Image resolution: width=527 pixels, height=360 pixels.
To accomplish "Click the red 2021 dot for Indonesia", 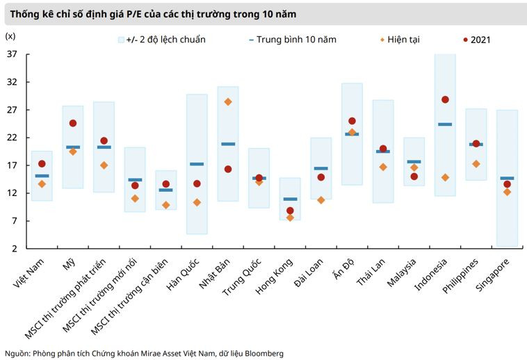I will coord(445,100).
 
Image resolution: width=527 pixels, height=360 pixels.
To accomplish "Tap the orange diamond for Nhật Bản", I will coord(228,102).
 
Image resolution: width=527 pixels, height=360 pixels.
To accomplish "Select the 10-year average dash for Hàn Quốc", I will coord(197,164).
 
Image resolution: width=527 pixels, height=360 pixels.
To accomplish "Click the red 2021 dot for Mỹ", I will coord(73,123).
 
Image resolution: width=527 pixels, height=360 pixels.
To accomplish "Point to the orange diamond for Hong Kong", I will coord(290,218).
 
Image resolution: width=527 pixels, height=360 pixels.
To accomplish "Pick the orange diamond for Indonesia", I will coord(445,177).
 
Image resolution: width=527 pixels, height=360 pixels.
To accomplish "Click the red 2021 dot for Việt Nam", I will coord(42,164).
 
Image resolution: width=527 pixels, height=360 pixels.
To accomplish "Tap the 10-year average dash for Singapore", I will coord(507,179).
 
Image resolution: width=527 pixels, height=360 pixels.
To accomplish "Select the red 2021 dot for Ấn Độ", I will coord(352,121).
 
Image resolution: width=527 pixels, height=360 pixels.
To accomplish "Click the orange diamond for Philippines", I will coord(476,164).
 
